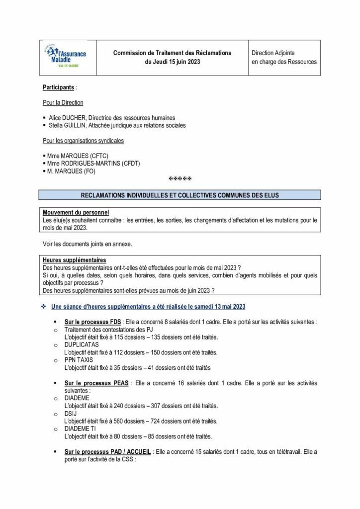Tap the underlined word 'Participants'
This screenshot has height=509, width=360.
click(59, 87)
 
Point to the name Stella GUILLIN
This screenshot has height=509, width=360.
click(68, 126)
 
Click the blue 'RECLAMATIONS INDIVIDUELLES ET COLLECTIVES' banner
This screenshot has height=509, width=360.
click(180, 195)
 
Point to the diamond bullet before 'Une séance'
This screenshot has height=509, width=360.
click(44, 306)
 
